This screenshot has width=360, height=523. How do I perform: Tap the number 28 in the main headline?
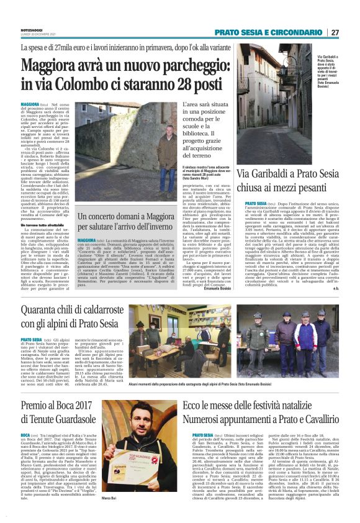point(181,83)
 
